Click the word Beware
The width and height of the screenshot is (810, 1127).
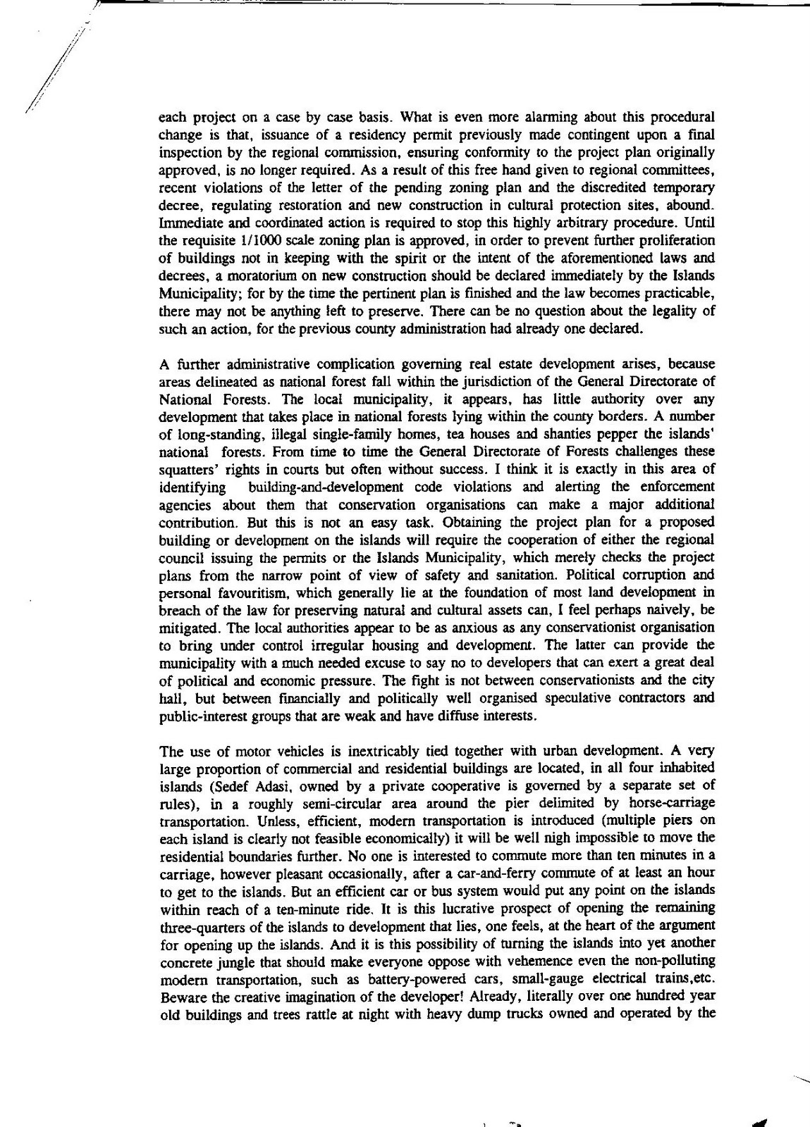pyautogui.click(x=183, y=997)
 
